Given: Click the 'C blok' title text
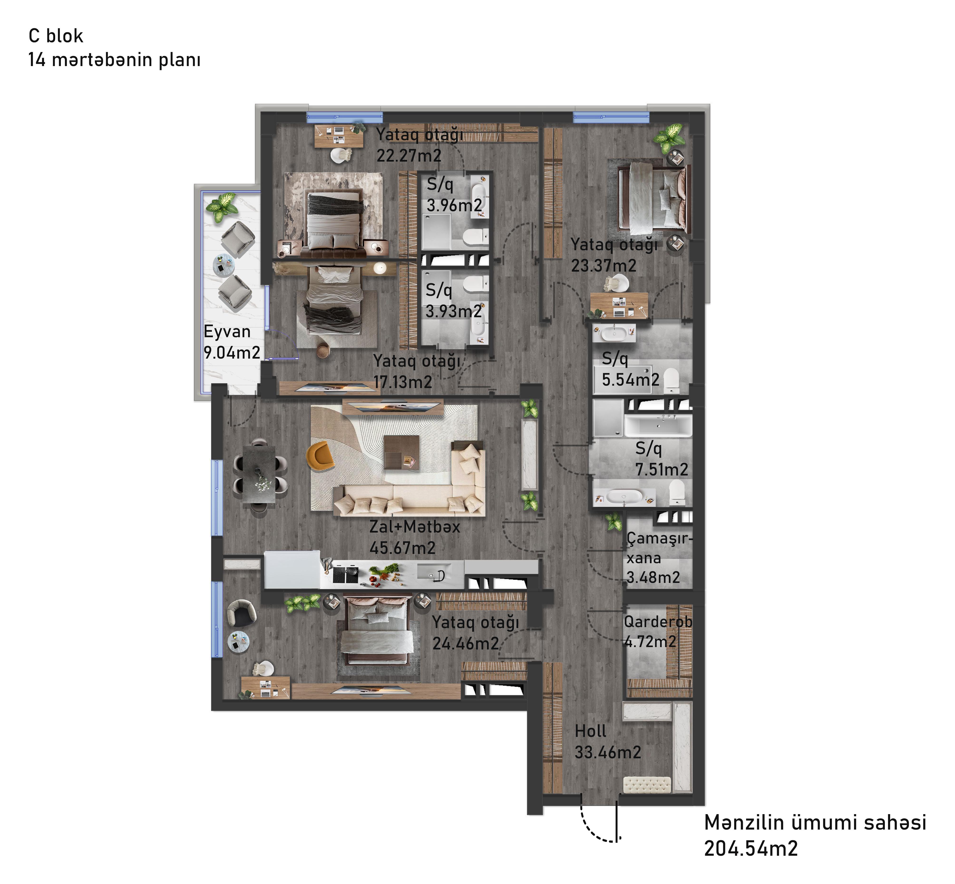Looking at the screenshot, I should [x=56, y=36].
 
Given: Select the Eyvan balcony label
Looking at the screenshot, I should [x=227, y=331].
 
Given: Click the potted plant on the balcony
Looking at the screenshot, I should [x=222, y=207].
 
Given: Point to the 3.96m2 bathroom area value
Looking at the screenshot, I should [x=454, y=206].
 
